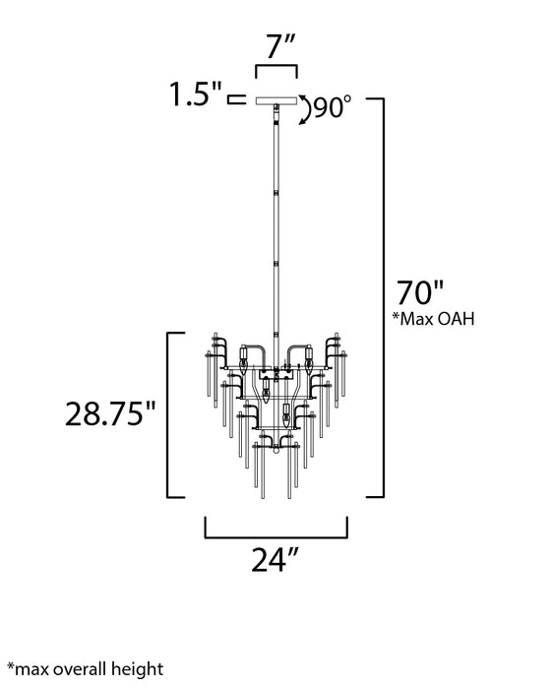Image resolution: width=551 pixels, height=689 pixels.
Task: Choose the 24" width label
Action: click(x=275, y=560)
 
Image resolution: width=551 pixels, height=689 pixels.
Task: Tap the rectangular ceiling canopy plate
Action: click(x=276, y=99)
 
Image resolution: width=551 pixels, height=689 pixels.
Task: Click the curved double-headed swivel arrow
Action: click(x=304, y=107)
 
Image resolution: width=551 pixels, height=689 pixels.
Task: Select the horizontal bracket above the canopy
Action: click(x=275, y=71)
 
